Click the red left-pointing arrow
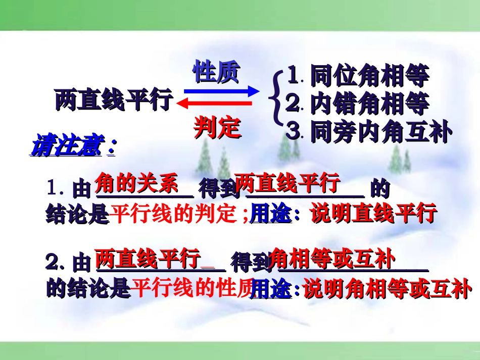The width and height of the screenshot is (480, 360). click(x=214, y=104)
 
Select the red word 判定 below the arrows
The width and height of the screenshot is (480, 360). click(x=217, y=128)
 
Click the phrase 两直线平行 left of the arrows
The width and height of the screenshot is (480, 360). click(x=114, y=100)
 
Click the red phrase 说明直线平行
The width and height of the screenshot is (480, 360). click(x=373, y=214)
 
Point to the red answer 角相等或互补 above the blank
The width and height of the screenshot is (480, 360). click(x=332, y=259)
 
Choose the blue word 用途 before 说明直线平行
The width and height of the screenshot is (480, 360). click(x=271, y=214)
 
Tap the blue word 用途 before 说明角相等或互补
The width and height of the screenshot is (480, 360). click(x=271, y=289)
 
